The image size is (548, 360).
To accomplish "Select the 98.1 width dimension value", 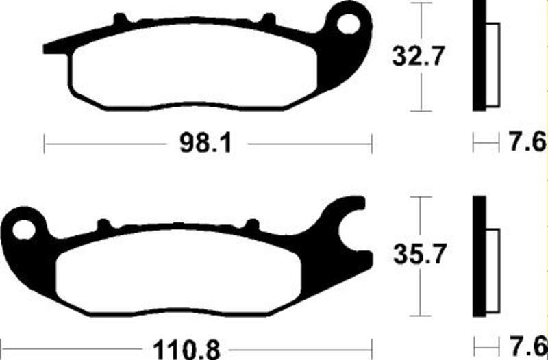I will pyautogui.click(x=205, y=144).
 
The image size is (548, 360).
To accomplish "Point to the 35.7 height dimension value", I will pyautogui.click(x=419, y=256).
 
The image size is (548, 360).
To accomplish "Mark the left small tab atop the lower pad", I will pyautogui.click(x=103, y=224).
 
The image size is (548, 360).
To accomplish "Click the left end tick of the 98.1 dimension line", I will pyautogui.click(x=45, y=144).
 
